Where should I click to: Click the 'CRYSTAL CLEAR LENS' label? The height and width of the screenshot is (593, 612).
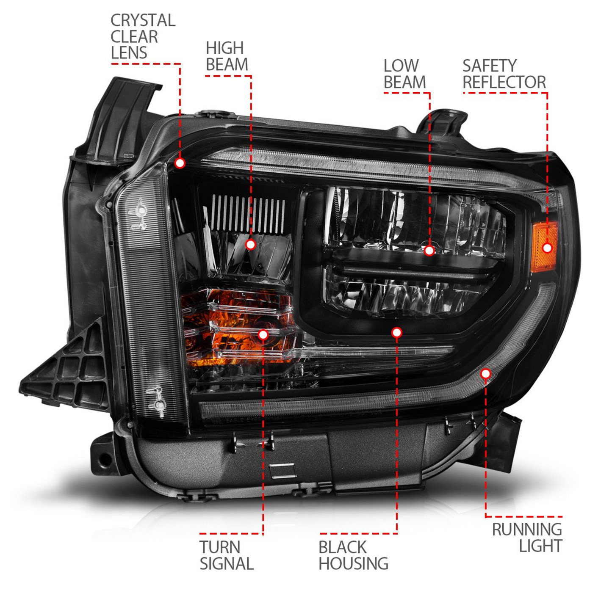[142, 37]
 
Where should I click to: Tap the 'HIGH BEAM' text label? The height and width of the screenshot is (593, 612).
[227, 56]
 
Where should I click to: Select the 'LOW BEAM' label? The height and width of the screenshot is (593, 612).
[404, 74]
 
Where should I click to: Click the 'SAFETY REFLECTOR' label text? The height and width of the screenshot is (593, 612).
[504, 74]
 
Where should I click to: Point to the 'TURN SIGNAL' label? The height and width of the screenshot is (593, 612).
[226, 555]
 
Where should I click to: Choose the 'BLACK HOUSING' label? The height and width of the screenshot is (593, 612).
[353, 555]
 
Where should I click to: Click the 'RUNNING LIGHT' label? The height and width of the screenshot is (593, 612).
[527, 538]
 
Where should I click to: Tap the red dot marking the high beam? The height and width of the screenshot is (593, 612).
[251, 244]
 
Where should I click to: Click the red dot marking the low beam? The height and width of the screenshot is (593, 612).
[429, 251]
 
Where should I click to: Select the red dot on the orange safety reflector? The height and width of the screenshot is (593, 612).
[547, 248]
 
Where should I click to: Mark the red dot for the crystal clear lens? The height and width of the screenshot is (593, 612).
[180, 163]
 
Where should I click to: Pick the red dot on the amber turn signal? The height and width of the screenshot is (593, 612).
[263, 335]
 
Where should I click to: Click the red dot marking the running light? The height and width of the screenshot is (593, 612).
[486, 374]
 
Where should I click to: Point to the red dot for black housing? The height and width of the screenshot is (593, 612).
[396, 333]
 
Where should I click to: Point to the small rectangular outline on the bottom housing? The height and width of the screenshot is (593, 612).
[282, 470]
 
